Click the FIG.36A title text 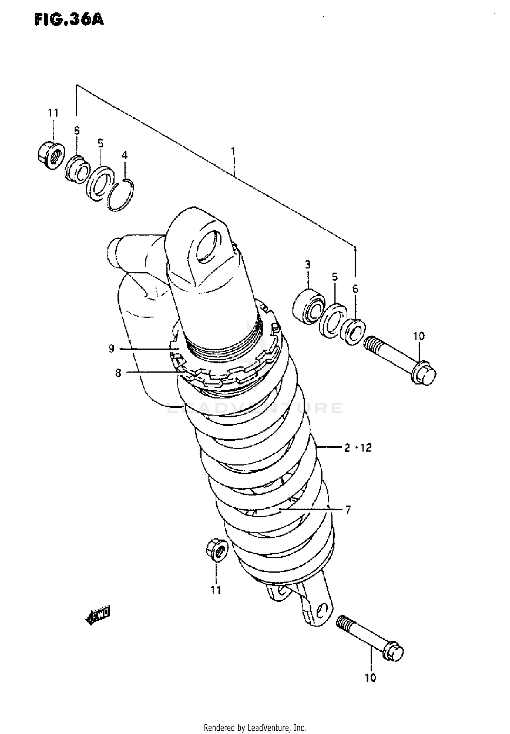pyautogui.click(x=69, y=20)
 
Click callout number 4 pyautogui.click(x=124, y=156)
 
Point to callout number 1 pyautogui.click(x=233, y=151)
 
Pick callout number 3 pyautogui.click(x=307, y=264)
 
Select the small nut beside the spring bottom pyautogui.click(x=217, y=550)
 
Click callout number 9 pyautogui.click(x=112, y=349)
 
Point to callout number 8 pyautogui.click(x=118, y=373)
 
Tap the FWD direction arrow pyautogui.click(x=98, y=615)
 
